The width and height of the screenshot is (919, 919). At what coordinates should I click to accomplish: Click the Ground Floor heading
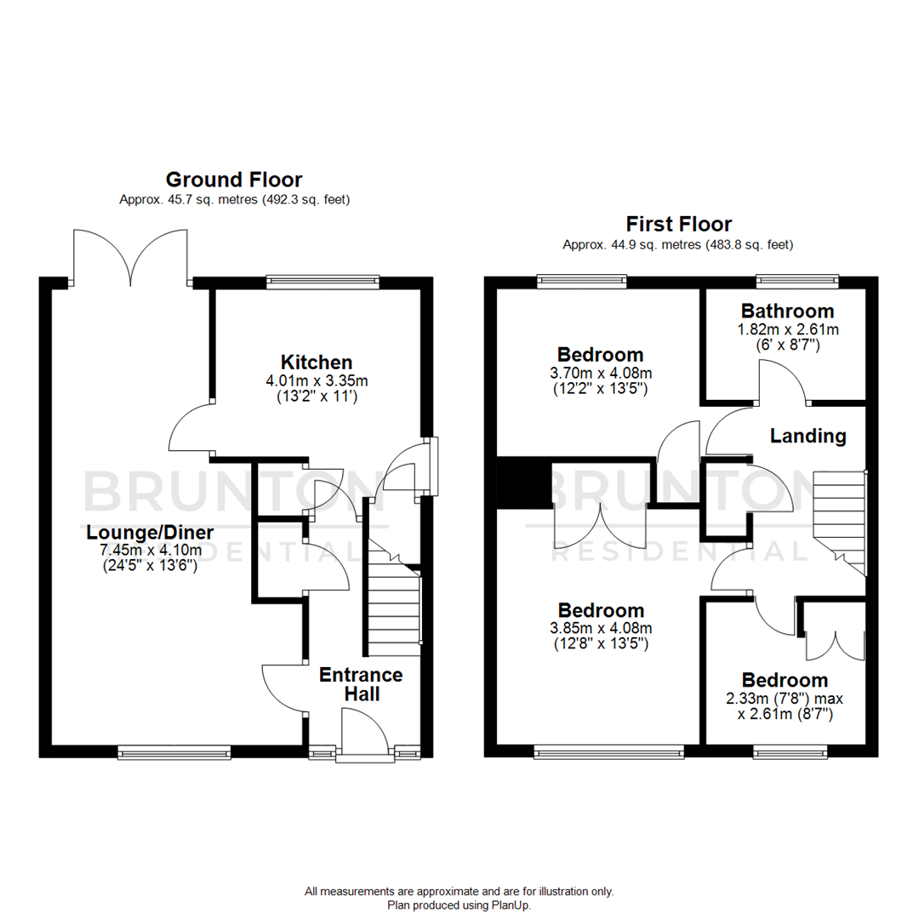233,180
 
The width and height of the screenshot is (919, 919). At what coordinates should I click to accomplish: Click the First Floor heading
678,225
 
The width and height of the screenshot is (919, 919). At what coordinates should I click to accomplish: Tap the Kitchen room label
317,362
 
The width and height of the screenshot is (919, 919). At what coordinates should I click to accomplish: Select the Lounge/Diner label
150,533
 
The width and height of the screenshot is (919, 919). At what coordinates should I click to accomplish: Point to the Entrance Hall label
361,684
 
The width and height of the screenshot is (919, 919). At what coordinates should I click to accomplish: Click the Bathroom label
787,311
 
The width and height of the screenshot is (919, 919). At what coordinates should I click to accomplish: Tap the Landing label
808,437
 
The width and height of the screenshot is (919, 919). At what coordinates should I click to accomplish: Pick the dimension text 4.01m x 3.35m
317,380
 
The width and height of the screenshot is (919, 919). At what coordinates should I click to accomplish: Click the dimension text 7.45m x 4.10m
150,550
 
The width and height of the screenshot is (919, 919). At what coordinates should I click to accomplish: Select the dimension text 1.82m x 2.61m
787,329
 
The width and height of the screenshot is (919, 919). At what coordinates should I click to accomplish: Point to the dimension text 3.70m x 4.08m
600,373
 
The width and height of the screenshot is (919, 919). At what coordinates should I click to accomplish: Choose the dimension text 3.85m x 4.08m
601,629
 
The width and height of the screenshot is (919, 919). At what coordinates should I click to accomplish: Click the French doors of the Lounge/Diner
130,257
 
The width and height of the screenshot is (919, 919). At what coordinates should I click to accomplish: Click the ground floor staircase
394,600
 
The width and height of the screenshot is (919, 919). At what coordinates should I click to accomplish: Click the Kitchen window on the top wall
323,282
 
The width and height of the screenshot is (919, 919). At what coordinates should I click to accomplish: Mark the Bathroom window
797,281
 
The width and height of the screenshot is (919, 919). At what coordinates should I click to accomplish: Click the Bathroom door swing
781,382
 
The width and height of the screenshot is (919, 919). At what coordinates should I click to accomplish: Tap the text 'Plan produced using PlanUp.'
459,905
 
